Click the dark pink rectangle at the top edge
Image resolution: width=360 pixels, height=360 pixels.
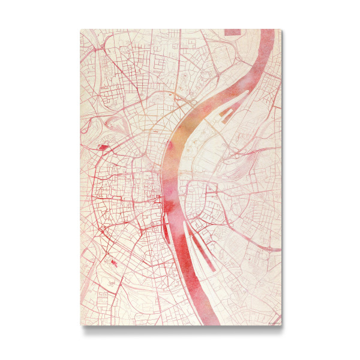[x=232, y=31]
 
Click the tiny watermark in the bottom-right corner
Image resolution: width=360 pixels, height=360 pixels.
[x=273, y=323]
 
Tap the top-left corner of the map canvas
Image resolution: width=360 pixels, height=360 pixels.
[x=81, y=29]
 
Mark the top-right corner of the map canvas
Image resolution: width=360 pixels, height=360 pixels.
[x=281, y=29]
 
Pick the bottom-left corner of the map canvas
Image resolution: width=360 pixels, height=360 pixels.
[x=81, y=325]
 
